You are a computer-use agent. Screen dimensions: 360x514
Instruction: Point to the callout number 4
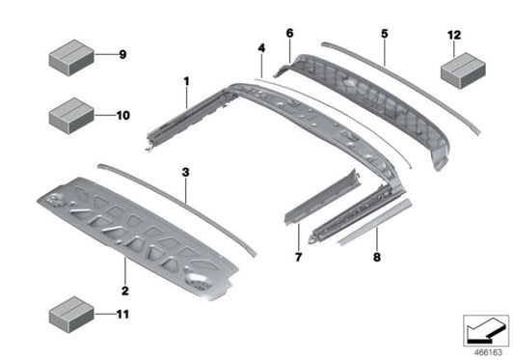[260, 46]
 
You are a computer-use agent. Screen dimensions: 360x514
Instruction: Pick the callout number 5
[384, 33]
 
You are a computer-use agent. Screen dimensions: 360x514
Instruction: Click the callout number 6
[287, 33]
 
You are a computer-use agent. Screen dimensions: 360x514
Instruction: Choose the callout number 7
[299, 258]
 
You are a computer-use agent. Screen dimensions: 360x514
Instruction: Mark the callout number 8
[377, 258]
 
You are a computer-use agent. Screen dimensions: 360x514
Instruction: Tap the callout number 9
[122, 54]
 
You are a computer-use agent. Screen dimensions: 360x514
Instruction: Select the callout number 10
[122, 115]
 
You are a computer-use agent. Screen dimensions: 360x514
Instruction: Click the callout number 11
[122, 314]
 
